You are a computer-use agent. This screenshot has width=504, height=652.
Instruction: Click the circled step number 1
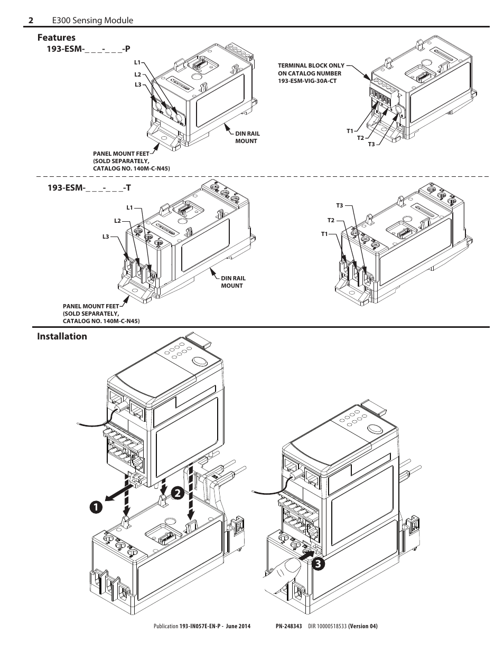(96, 505)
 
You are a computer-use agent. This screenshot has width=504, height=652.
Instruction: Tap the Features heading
(56, 37)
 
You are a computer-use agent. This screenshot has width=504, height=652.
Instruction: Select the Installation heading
(62, 336)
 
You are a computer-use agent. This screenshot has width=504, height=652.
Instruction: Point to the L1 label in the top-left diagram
(137, 62)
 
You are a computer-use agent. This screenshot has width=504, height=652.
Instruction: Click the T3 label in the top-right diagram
(371, 144)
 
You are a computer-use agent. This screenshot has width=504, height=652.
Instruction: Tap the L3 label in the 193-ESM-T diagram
(106, 237)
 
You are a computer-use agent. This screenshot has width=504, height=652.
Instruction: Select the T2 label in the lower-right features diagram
(331, 220)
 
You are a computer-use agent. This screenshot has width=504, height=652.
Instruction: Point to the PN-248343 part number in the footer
(288, 627)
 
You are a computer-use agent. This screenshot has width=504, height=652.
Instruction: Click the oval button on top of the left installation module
(200, 362)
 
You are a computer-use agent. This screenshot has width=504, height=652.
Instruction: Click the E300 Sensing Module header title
(92, 20)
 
